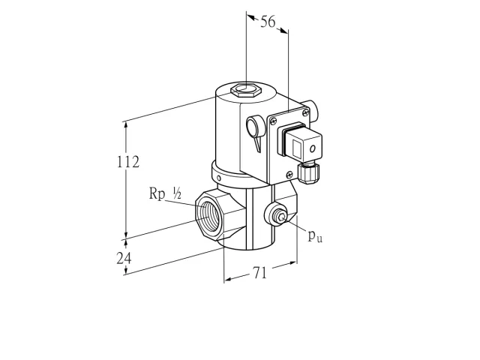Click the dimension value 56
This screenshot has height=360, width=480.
pos(268,22)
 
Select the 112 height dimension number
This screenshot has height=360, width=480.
pos(128,162)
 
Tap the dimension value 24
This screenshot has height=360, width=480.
pos(124,258)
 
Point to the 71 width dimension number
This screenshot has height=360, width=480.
pos(259,272)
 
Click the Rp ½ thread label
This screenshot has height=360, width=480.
pos(165,193)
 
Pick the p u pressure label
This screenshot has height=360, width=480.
pos(315,235)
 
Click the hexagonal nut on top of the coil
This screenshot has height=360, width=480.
pos(245,89)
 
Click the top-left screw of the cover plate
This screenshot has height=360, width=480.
pos(273,121)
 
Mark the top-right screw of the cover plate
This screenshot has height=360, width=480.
pos(305,112)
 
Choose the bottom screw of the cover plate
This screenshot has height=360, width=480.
pos(289,175)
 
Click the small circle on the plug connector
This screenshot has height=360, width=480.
pos(313,149)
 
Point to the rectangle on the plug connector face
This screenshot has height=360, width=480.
pos(296,148)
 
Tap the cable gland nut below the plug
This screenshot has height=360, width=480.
pos(308,173)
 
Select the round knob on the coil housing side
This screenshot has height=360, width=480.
pos(254,125)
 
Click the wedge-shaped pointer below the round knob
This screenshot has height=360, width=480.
pos(258,144)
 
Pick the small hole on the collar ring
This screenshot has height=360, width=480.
pos(219,178)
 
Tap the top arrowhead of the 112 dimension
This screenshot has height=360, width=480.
pos(125,125)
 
